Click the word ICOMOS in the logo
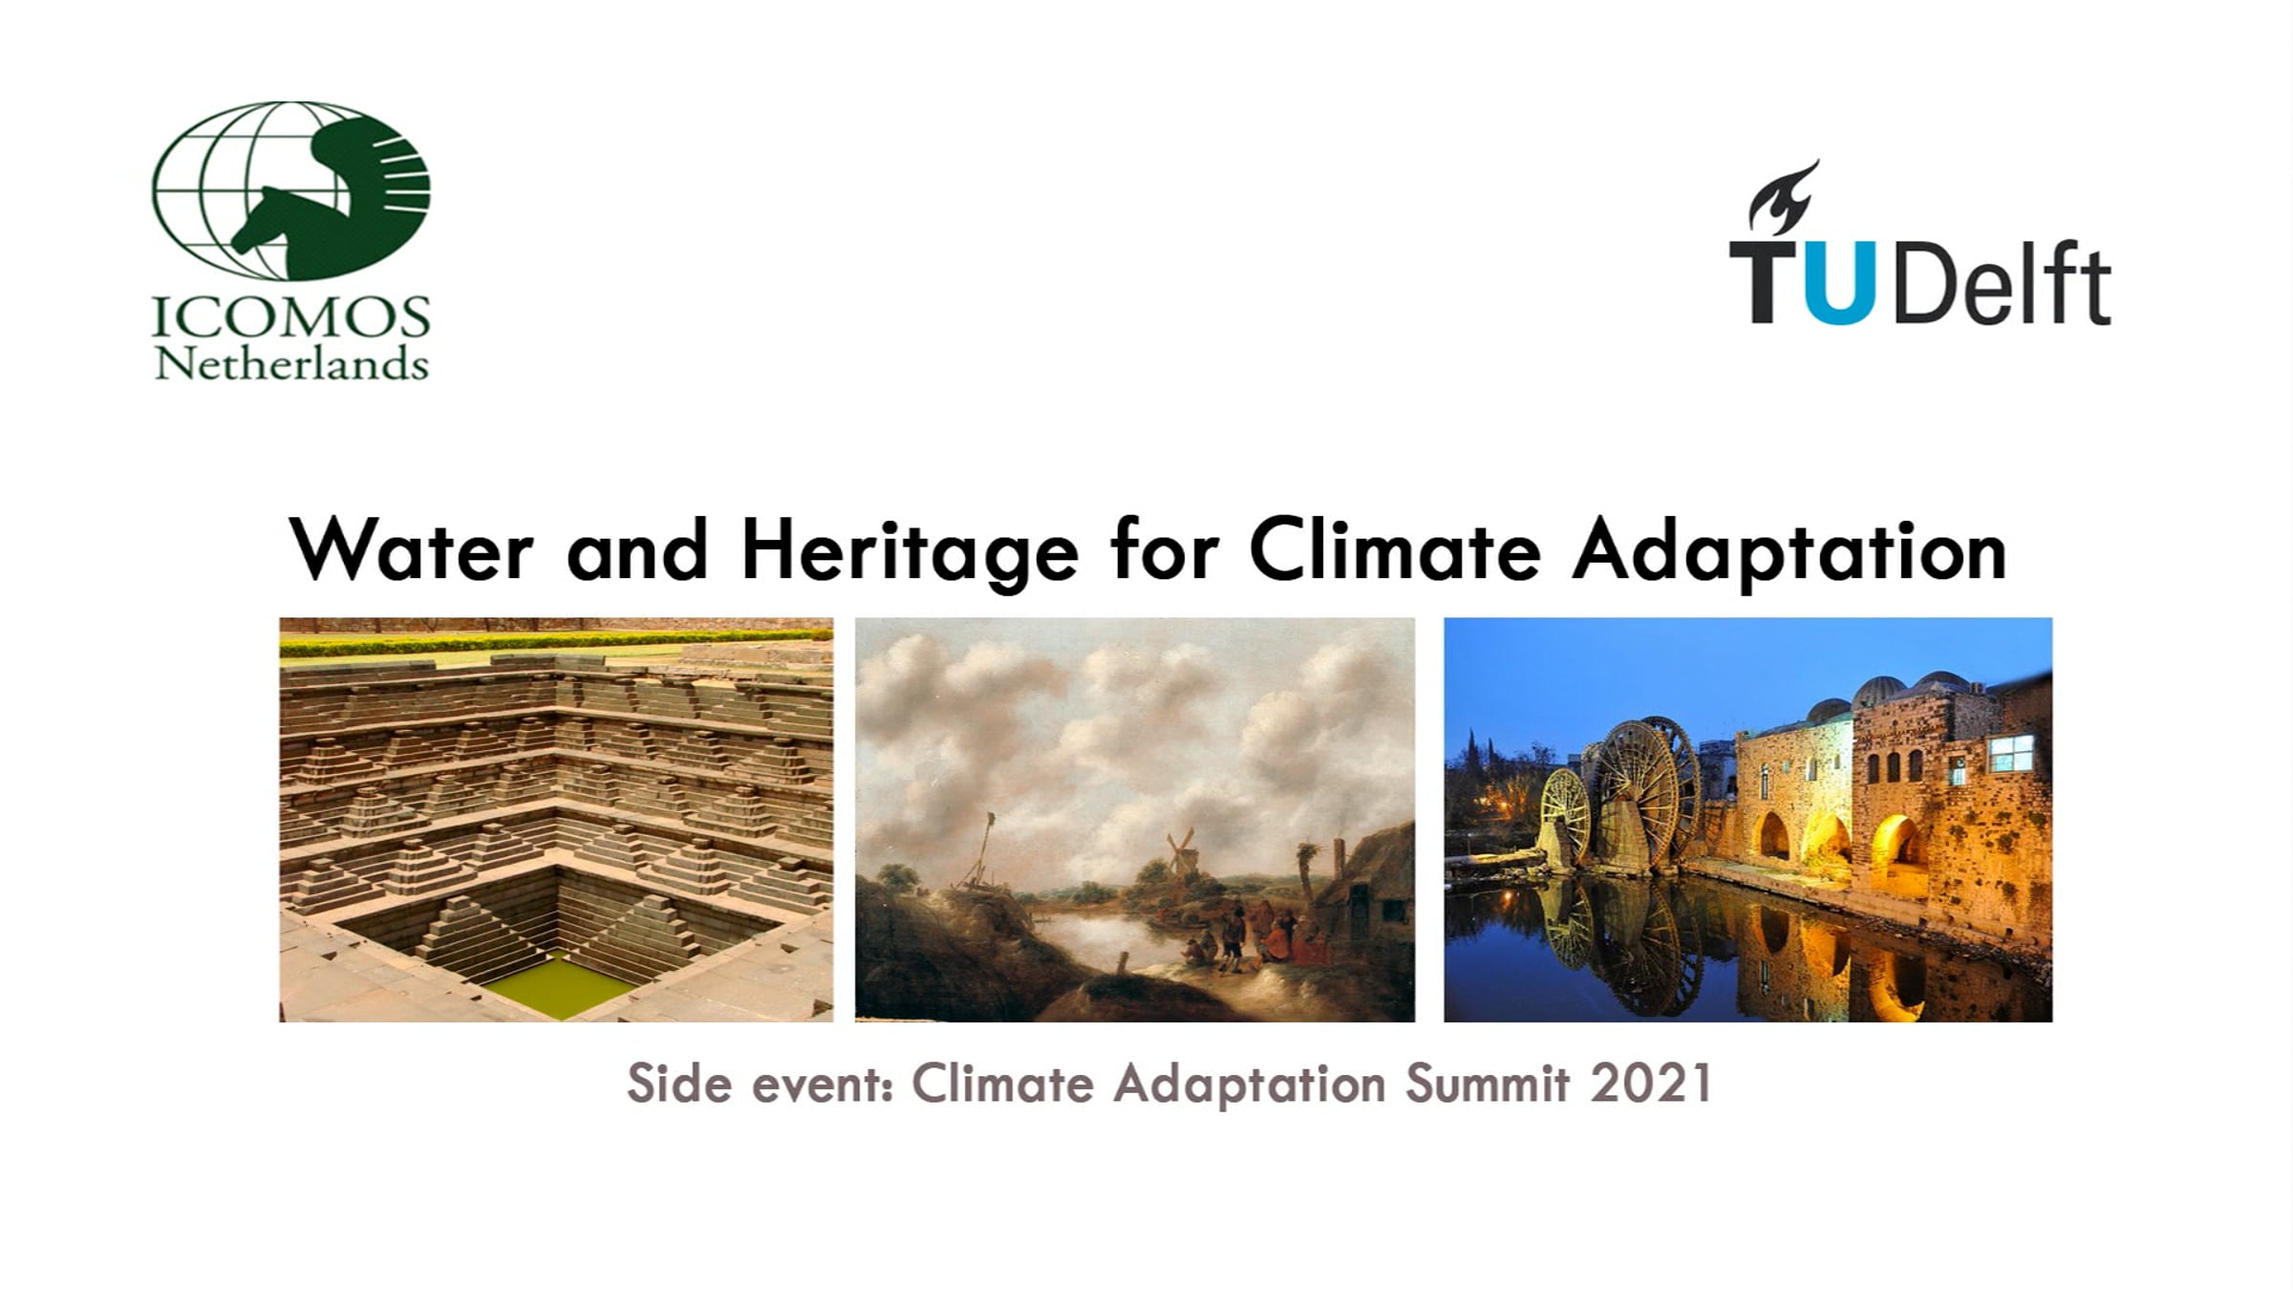click(291, 317)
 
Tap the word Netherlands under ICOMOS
click(291, 364)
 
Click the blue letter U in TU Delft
click(1839, 283)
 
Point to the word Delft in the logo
click(2002, 283)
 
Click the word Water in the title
click(411, 550)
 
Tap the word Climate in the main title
click(1395, 549)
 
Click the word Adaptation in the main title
click(1789, 552)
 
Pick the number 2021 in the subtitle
click(1652, 1084)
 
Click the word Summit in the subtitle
click(1487, 1084)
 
